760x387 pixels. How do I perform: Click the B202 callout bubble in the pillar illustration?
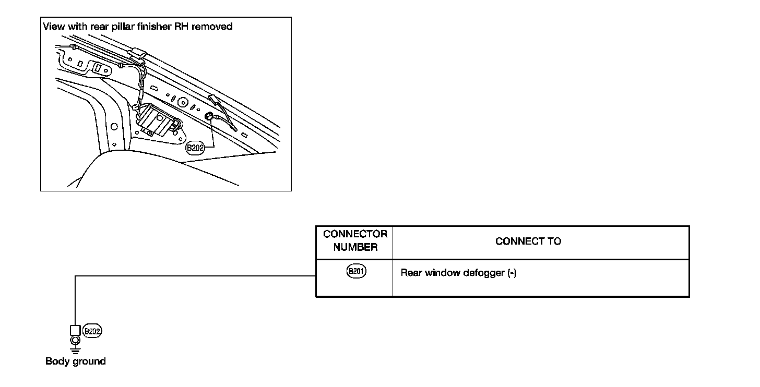195,148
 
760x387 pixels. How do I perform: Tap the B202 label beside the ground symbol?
92,331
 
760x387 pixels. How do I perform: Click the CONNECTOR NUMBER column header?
355,240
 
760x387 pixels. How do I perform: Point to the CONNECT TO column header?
528,241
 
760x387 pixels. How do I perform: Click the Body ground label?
76,361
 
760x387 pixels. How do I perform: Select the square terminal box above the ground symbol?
75,331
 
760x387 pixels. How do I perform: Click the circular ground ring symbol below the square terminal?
75,341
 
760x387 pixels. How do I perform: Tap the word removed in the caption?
212,26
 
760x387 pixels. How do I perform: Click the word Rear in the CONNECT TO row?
411,273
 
